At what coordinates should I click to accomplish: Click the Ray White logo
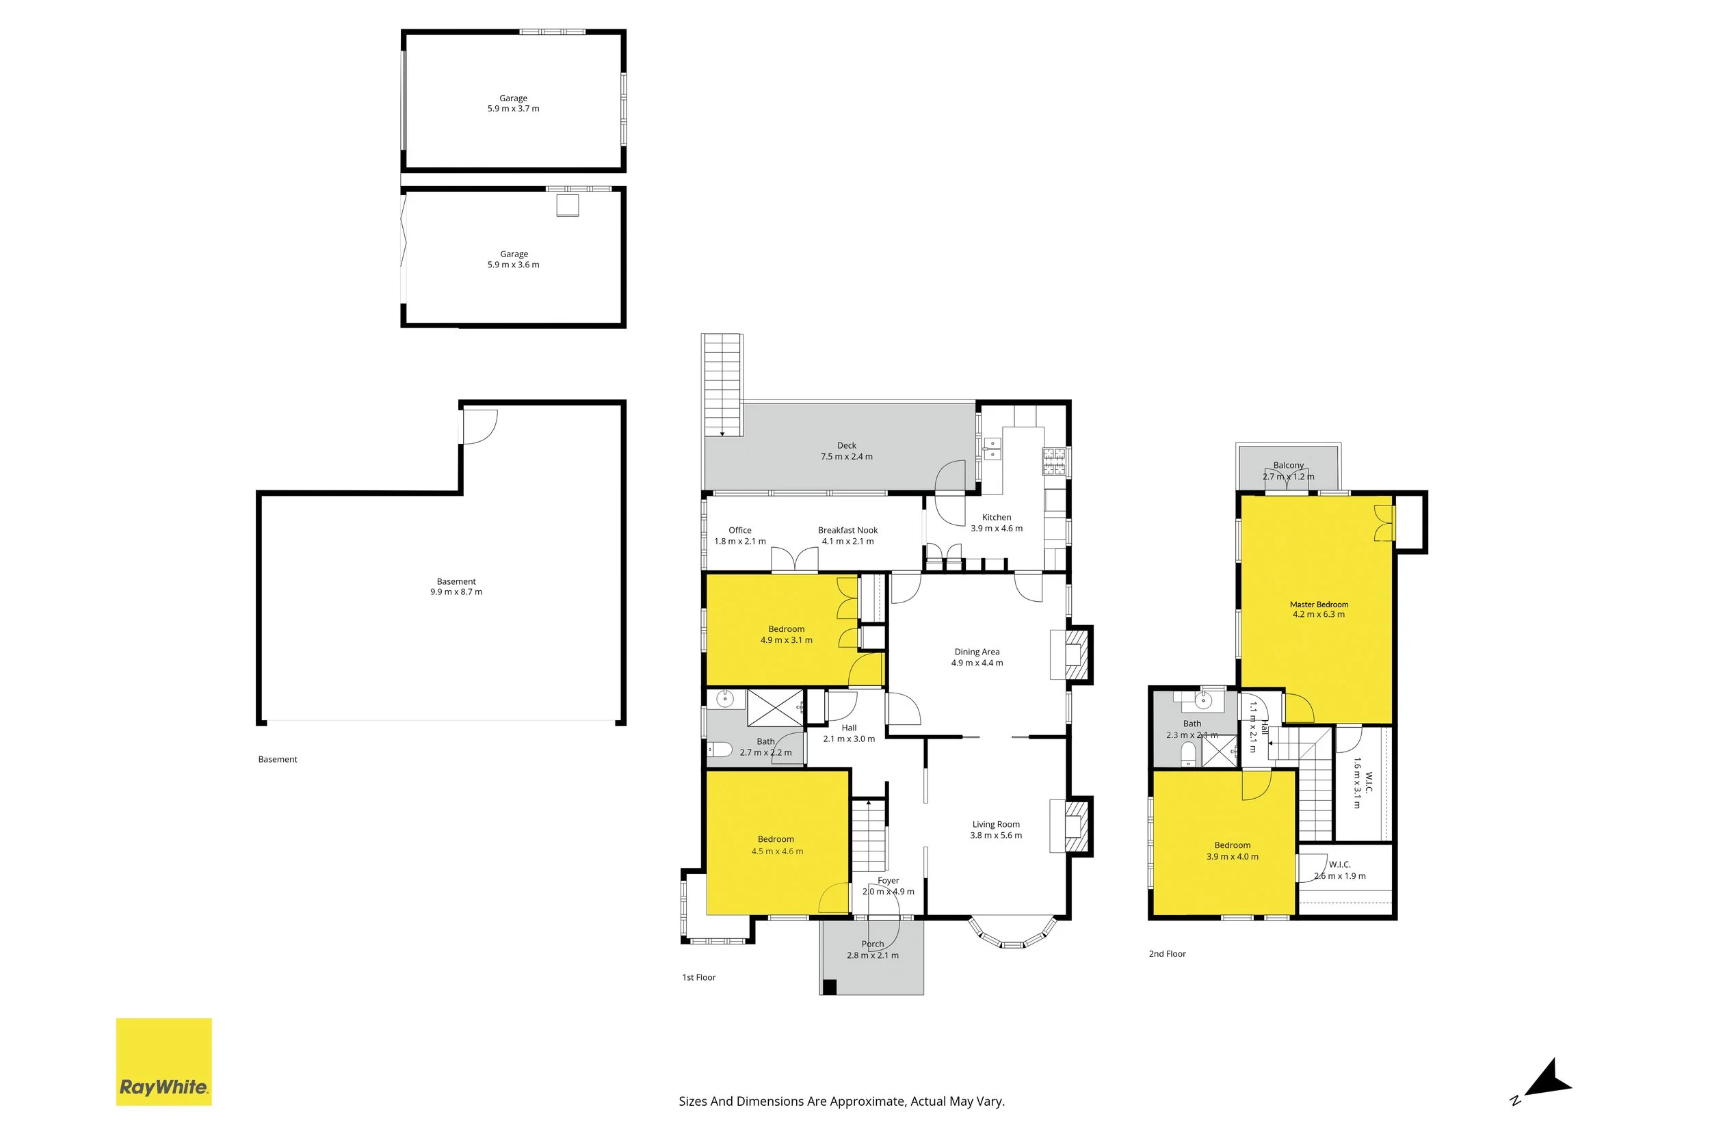(163, 1062)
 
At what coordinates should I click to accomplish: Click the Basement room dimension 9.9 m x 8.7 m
(456, 592)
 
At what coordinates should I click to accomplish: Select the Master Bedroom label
(1319, 604)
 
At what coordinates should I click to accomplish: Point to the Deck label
(846, 446)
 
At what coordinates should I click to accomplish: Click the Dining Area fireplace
(1070, 654)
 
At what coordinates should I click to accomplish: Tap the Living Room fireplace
(1070, 826)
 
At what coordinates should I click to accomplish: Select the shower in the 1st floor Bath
(776, 707)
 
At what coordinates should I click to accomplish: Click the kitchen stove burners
(1054, 462)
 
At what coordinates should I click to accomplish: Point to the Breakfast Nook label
(847, 530)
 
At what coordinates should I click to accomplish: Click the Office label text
(740, 530)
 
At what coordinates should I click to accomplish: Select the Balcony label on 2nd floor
(1289, 465)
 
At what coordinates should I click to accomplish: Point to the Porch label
(873, 944)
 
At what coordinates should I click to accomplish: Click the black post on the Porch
(830, 987)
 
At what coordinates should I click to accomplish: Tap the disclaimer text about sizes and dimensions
(842, 1102)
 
